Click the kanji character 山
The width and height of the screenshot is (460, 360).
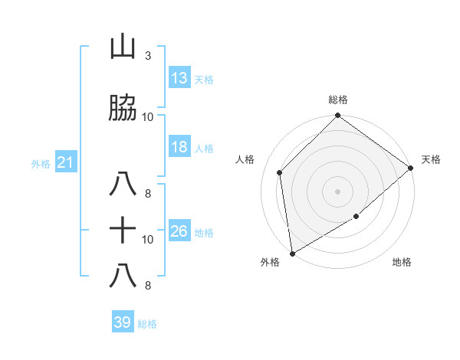[123, 48]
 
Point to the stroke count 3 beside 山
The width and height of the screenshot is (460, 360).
[147, 56]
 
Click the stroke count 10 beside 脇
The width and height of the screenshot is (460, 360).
[148, 116]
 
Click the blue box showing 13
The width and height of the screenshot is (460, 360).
[179, 77]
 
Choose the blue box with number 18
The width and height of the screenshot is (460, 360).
[179, 147]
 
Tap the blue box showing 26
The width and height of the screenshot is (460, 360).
[179, 231]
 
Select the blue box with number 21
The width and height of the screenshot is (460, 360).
[65, 162]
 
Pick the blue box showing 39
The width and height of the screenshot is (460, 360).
[123, 322]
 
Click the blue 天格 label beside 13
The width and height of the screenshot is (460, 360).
[204, 79]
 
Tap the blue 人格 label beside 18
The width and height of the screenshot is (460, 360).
[204, 149]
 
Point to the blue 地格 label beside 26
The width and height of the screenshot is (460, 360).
[204, 233]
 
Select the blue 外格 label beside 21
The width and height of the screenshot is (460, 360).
[41, 163]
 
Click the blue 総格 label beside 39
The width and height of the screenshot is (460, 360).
[147, 324]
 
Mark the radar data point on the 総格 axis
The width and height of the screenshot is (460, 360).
[338, 116]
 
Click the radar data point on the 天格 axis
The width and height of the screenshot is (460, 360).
[412, 168]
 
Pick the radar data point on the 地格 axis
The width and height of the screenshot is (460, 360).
[356, 218]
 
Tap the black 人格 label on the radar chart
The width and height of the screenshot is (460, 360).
[245, 159]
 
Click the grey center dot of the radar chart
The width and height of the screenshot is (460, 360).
[338, 191]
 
